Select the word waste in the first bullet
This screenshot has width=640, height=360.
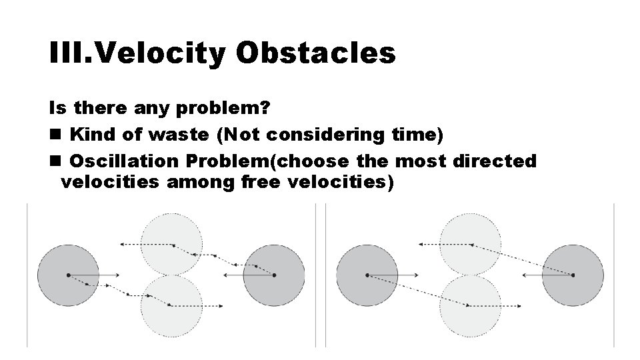coord(177,135)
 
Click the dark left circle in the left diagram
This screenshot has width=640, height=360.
coord(67,275)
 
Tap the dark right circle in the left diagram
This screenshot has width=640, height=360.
coord(273,275)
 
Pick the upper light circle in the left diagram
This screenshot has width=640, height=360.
coord(171,243)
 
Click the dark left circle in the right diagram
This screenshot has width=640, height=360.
coord(367,275)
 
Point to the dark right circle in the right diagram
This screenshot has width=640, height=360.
coord(573,275)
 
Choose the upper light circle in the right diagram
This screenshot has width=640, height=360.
coord(471,243)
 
